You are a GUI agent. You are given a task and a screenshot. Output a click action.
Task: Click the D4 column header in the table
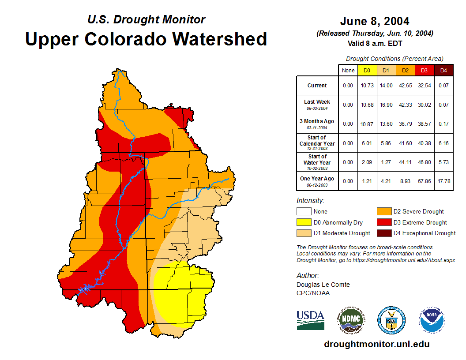(443, 71)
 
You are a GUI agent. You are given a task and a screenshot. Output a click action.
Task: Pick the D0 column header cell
(367, 71)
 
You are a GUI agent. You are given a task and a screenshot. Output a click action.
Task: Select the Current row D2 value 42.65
(405, 86)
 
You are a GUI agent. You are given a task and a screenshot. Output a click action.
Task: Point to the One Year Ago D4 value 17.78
(443, 181)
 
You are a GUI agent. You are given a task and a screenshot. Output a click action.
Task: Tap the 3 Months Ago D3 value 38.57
(424, 124)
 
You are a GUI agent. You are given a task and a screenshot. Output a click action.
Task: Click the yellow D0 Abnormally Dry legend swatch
(304, 222)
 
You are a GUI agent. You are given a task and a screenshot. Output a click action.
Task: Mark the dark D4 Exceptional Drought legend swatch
(384, 233)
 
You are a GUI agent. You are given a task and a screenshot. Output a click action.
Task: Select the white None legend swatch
(304, 212)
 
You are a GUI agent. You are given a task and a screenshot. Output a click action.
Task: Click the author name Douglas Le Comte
(323, 285)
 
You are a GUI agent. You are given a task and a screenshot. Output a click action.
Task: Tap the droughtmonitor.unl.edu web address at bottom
(376, 344)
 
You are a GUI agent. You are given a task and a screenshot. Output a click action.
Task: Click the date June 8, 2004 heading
(375, 21)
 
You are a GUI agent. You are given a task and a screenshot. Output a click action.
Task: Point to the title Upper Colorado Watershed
(146, 39)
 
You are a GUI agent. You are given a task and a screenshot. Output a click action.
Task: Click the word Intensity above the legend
(310, 201)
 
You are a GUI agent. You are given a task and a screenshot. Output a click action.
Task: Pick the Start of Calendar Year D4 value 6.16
(443, 143)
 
